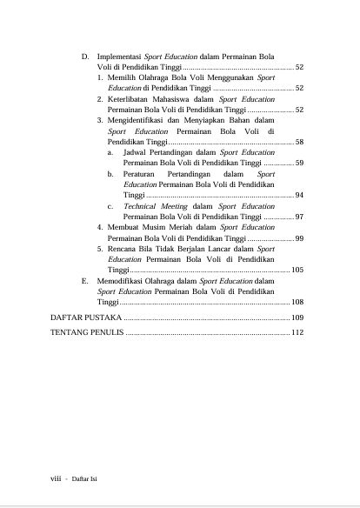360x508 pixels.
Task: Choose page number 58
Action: [298, 141]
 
